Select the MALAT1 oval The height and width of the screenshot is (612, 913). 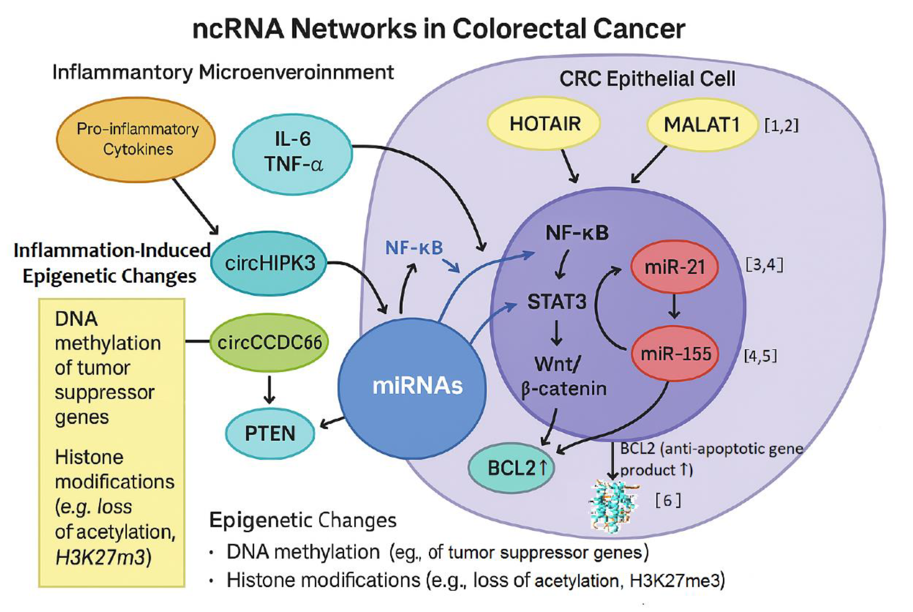click(x=702, y=125)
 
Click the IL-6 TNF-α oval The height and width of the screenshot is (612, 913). click(x=293, y=153)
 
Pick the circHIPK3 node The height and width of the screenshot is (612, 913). click(x=269, y=263)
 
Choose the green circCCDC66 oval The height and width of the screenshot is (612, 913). click(x=269, y=343)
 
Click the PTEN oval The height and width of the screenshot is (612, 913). click(x=270, y=433)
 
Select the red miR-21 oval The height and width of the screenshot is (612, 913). click(x=674, y=267)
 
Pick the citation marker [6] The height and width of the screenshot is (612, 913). click(x=668, y=500)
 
